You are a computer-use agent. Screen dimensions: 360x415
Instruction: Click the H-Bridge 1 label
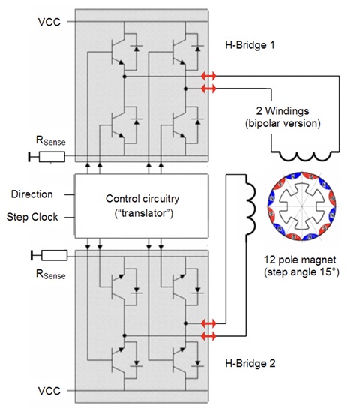tap(250, 45)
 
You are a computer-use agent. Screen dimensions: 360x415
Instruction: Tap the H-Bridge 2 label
tap(250, 363)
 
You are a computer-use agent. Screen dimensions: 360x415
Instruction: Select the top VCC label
tap(49, 22)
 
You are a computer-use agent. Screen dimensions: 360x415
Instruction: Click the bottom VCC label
tap(49, 391)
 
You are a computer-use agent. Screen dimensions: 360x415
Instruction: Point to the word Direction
tap(32, 194)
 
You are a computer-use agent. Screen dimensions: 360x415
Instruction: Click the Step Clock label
tap(32, 217)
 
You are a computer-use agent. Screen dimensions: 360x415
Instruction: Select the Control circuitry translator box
tap(142, 206)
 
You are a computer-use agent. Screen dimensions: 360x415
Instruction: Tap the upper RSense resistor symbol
tap(52, 157)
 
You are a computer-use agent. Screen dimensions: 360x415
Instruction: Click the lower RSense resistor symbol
tap(55, 255)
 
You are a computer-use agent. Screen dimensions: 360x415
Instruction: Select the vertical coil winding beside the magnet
tap(250, 209)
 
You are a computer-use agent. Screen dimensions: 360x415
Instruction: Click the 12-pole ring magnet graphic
tap(302, 206)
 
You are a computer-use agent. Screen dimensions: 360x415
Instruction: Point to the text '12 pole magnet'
tap(300, 260)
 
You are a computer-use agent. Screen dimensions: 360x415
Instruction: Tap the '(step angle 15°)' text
tap(301, 272)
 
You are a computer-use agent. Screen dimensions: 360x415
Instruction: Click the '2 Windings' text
tap(283, 110)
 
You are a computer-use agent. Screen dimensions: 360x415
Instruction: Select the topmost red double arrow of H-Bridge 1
tap(208, 77)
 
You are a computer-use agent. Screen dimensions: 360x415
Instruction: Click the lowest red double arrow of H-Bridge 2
tap(208, 336)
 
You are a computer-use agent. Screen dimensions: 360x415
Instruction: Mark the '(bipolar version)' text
tap(283, 123)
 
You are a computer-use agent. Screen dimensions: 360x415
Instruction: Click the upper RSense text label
tap(50, 140)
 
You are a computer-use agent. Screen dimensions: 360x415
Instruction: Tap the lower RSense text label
tap(50, 274)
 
